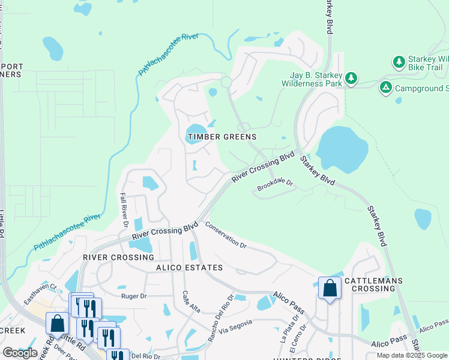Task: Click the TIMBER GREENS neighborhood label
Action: point(222,137)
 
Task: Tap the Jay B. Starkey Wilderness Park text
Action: point(312,80)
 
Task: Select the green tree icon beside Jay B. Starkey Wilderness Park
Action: point(351,78)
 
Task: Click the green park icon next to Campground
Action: point(386,88)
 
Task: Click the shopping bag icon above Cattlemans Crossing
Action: point(330,288)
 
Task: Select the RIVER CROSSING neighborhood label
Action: point(118,257)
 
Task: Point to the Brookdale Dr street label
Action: point(274,185)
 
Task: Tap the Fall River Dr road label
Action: point(124,209)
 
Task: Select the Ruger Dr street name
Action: point(134,296)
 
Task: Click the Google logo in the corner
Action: point(20,353)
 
